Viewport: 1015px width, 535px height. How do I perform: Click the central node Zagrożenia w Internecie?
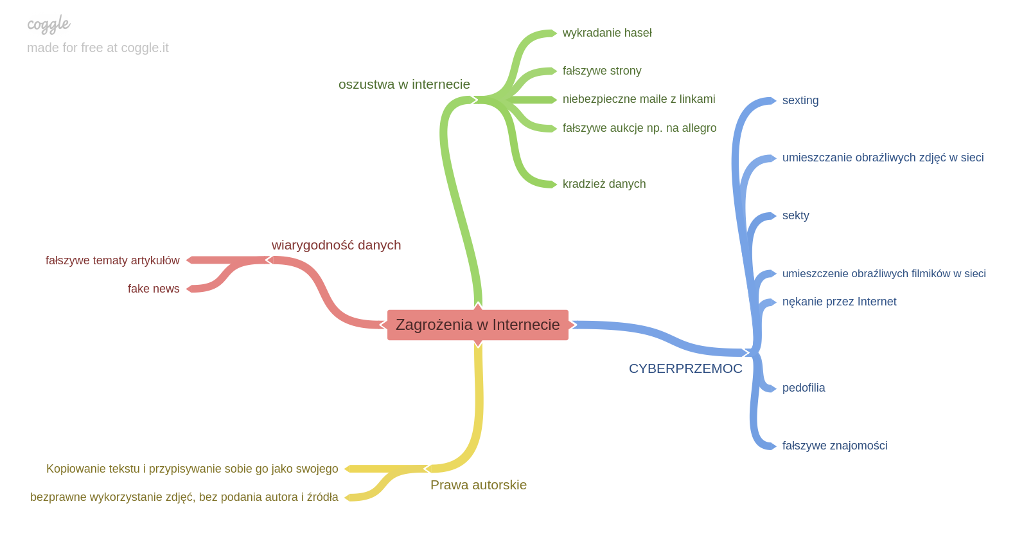tap(477, 325)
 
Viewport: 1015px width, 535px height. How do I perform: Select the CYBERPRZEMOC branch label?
tap(685, 368)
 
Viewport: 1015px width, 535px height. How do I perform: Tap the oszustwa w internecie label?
tap(404, 84)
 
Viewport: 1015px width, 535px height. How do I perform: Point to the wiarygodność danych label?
tap(336, 245)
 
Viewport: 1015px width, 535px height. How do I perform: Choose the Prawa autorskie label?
tap(479, 485)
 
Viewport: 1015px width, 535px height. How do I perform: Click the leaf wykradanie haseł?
tap(607, 33)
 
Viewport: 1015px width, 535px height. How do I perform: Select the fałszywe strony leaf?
tap(602, 71)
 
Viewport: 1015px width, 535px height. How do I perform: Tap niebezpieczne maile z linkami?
tap(639, 99)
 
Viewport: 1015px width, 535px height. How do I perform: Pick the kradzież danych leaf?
tap(604, 184)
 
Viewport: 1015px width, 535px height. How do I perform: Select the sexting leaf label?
tap(800, 101)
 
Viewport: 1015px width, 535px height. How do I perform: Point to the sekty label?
tap(796, 215)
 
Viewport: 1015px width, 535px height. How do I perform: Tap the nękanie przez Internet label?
tap(839, 302)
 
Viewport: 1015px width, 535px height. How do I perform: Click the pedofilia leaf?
tap(804, 388)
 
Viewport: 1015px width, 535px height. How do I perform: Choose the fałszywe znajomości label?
tap(834, 446)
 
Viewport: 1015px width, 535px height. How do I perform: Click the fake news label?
tap(154, 289)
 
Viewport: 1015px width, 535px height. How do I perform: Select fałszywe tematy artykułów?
tap(112, 260)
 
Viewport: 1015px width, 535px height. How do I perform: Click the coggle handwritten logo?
tap(48, 24)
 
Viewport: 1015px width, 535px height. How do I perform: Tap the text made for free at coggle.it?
tap(98, 48)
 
